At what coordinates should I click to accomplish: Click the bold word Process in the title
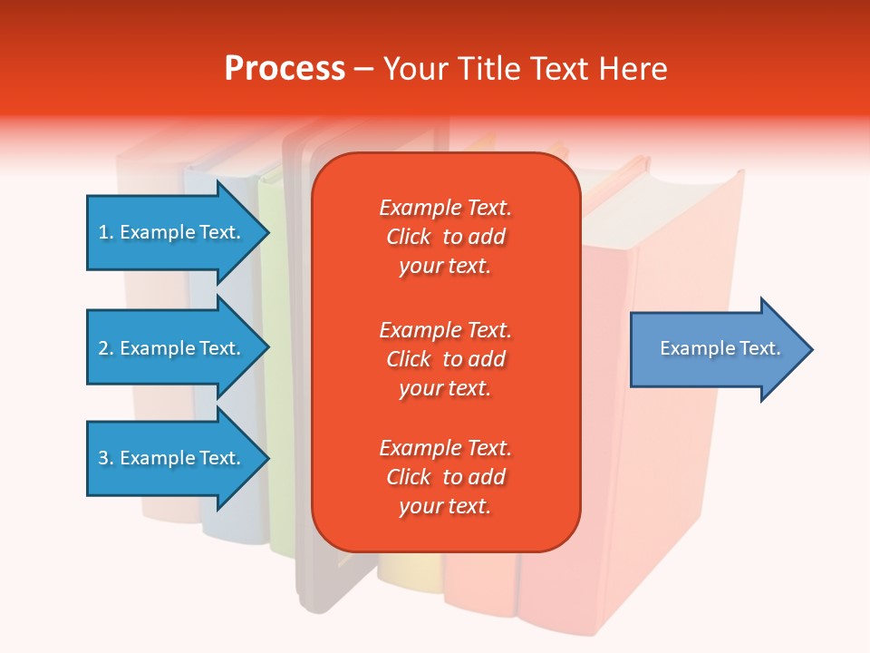point(285,69)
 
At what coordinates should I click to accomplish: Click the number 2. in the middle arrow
point(106,348)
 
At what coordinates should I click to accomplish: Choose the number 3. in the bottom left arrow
point(106,458)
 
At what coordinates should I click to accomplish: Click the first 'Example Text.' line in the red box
point(445,208)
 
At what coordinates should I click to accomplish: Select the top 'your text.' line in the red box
point(445,266)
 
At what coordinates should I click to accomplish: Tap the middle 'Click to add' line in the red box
point(445,359)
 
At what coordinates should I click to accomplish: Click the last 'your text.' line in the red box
point(445,506)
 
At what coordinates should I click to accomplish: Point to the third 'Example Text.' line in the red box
point(445,448)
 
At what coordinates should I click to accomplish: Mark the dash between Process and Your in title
point(363,69)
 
